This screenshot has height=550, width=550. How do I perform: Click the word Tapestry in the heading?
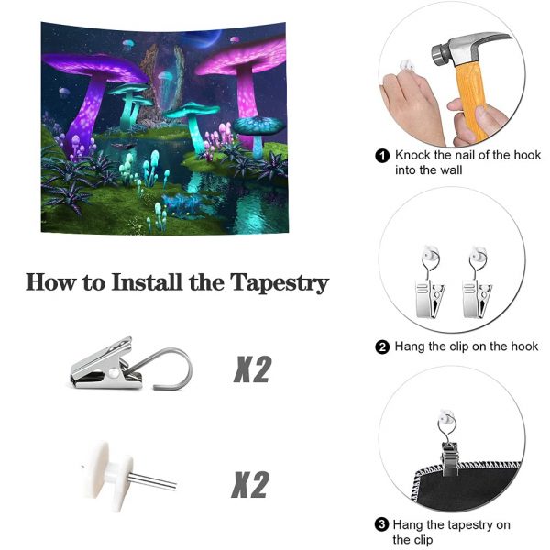click(280, 283)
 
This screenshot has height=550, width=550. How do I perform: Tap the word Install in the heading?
click(147, 281)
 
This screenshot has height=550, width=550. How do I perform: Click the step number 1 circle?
click(382, 156)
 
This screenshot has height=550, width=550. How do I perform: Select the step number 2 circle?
click(382, 346)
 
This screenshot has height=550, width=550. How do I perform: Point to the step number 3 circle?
click(381, 524)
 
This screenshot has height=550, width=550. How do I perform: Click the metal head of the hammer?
click(467, 49)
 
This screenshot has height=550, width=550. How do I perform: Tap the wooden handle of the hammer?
click(474, 102)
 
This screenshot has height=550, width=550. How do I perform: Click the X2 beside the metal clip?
click(252, 368)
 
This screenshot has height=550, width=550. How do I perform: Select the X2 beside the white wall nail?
click(250, 484)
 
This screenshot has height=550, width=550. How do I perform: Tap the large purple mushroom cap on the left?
click(94, 67)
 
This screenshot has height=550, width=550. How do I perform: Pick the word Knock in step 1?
click(412, 156)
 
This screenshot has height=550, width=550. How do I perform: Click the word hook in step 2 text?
click(524, 346)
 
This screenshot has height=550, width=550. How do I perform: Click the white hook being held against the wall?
click(407, 66)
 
